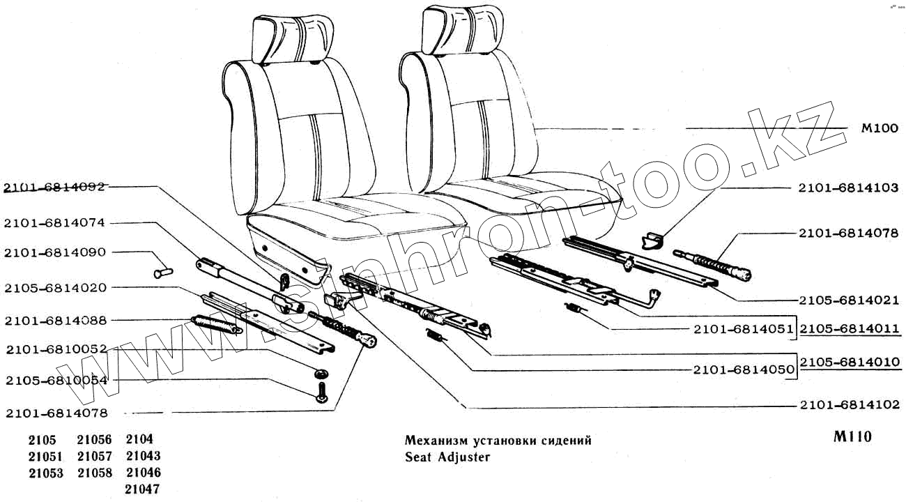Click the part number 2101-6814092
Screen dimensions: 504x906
[x=54, y=187]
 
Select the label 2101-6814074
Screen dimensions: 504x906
[x=54, y=224]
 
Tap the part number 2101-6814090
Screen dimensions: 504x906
[x=54, y=252]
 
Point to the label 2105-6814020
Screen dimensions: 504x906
[x=54, y=287]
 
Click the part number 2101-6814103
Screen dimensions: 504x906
[x=849, y=189]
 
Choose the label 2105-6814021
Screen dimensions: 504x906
[x=849, y=300]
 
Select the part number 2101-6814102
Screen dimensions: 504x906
[x=849, y=405]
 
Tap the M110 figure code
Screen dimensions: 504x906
[x=852, y=438]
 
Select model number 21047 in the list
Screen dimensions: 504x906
[x=143, y=489]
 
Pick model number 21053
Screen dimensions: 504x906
[x=46, y=473]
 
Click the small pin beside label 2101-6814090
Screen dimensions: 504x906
[x=162, y=268]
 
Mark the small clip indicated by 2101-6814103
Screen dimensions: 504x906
[x=651, y=240]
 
